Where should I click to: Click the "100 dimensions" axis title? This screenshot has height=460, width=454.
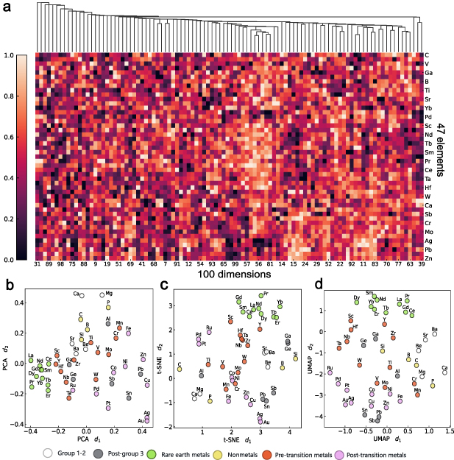[x=228, y=275]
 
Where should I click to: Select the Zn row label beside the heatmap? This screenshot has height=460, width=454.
[x=428, y=260]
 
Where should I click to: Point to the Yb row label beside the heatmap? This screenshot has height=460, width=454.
[x=428, y=107]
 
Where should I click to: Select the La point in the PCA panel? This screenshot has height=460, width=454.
[x=31, y=362]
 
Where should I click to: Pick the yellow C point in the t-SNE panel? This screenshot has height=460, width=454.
[x=180, y=369]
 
